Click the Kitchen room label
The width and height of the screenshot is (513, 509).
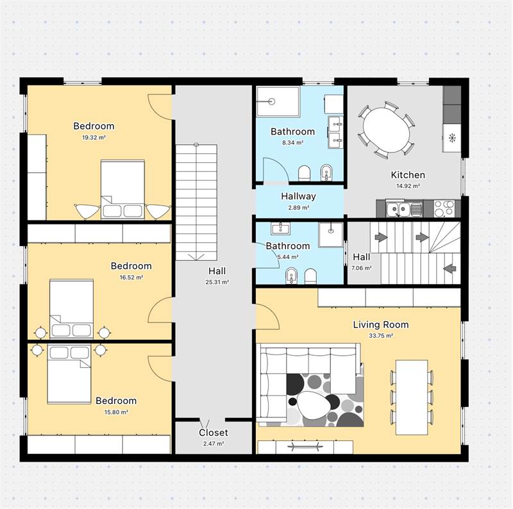point(408,175)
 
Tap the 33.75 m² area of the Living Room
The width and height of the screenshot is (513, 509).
point(381,336)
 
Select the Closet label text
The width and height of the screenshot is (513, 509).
point(214,433)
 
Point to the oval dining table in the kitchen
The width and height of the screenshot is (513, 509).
point(387,130)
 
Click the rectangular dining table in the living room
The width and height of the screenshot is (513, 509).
point(412,397)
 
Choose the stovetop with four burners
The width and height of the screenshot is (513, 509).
point(444,208)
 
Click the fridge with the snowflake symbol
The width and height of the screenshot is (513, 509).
point(452,138)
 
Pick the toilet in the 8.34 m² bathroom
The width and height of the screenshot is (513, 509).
point(304,173)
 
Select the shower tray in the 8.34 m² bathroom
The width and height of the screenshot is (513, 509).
point(278,101)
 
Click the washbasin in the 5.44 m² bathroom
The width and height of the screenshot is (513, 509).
point(280,228)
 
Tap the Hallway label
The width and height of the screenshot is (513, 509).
point(298,196)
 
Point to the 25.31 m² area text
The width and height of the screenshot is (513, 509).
point(217,282)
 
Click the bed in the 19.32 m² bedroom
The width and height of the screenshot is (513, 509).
point(122,189)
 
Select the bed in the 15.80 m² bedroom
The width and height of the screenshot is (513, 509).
point(69,374)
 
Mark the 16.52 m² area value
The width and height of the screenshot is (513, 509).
point(131,278)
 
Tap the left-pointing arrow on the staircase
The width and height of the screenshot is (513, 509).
point(450,268)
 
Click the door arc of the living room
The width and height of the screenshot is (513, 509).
point(271,313)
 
